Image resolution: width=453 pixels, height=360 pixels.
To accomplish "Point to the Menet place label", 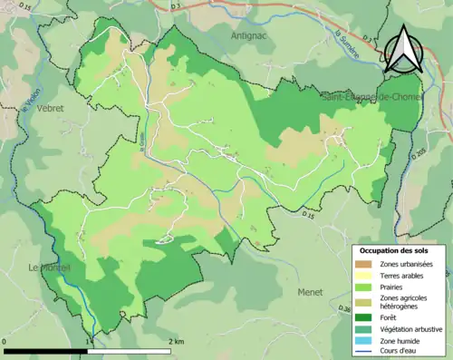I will pos(310,292).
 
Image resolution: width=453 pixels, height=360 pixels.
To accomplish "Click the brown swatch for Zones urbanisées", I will pos(364,263).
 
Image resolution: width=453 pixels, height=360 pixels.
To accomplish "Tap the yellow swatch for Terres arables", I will pos(364,275).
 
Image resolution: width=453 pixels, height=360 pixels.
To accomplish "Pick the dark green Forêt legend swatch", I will pos(364,317).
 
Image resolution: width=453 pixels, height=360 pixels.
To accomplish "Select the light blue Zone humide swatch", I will pos(364,341).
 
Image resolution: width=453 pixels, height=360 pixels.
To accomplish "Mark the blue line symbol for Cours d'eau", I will pos(364,353).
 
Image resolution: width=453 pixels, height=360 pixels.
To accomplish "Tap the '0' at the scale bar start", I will pos(5,341).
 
